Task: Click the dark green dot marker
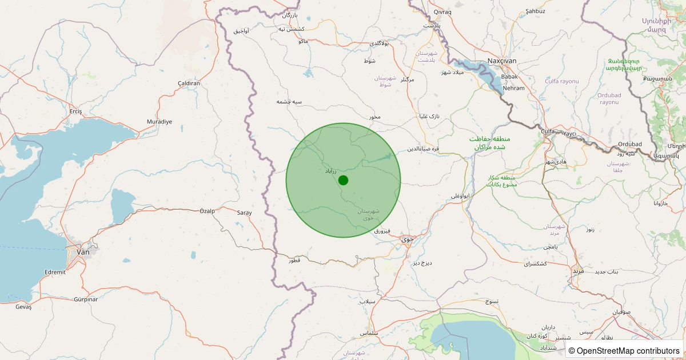tap(343, 180)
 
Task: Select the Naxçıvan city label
tap(501, 61)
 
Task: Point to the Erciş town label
tap(75, 111)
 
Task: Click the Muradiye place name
tap(159, 122)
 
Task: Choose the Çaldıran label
tap(189, 83)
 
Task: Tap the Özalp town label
tap(207, 211)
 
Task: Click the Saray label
tap(244, 213)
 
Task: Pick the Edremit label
tap(55, 272)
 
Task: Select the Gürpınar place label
tap(86, 299)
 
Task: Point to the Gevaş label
tap(23, 307)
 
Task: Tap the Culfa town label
tap(548, 132)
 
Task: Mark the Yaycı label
tap(570, 133)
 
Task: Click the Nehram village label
tap(513, 88)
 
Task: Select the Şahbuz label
tap(535, 11)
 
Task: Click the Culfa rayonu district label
tap(561, 81)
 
